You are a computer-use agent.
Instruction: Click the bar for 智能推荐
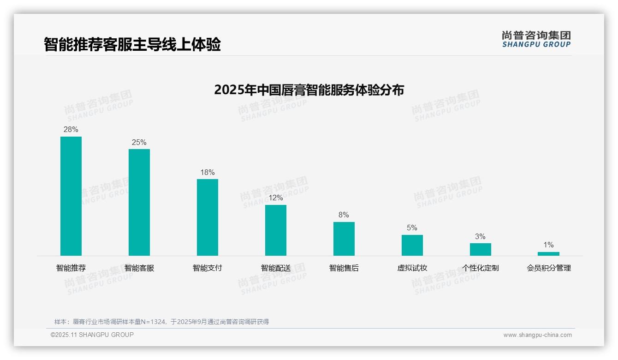click(x=71, y=196)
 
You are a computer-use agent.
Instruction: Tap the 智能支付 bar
click(x=208, y=217)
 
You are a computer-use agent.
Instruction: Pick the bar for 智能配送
click(x=276, y=230)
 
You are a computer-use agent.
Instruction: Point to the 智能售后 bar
click(x=344, y=239)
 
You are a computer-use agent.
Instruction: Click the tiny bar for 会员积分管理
click(x=548, y=254)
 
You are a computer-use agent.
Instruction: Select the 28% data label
click(x=71, y=130)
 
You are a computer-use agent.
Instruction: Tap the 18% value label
click(x=208, y=173)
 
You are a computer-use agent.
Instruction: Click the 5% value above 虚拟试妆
click(x=412, y=228)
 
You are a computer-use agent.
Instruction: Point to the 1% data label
click(x=548, y=245)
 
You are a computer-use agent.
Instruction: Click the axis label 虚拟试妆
click(x=412, y=268)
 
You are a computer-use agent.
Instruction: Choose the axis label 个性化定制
click(x=481, y=268)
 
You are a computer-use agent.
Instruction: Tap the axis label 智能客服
click(x=139, y=268)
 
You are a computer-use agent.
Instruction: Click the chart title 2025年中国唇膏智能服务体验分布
click(x=309, y=90)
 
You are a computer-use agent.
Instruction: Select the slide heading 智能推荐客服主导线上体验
click(x=132, y=44)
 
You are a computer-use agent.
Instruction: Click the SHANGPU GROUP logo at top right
click(x=536, y=39)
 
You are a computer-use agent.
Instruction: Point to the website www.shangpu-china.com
click(x=537, y=335)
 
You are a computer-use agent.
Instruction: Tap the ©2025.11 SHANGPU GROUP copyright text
click(x=92, y=335)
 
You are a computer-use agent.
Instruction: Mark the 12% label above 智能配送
click(x=276, y=198)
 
